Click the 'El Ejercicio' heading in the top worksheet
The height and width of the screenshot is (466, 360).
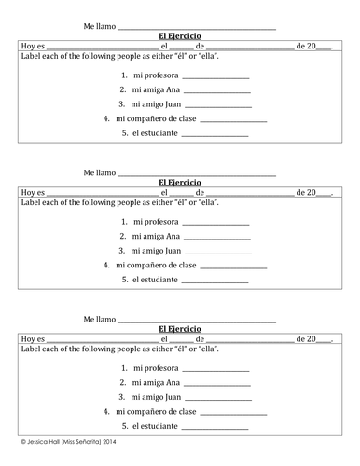[x=180, y=35]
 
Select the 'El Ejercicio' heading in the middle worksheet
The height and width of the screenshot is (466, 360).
[x=180, y=183]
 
